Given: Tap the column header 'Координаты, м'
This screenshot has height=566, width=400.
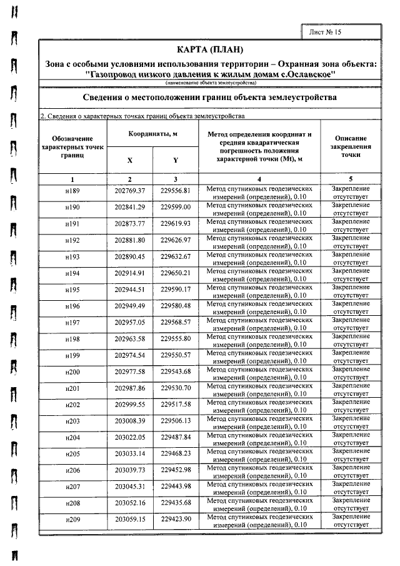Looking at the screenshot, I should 153,134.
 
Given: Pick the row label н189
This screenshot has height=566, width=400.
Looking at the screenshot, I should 72,191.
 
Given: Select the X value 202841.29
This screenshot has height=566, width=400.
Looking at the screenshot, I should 130,207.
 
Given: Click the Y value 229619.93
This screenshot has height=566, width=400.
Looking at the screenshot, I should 176,223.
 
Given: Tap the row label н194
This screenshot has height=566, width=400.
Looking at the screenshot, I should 72,273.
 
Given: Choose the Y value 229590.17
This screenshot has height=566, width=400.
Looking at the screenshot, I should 176,289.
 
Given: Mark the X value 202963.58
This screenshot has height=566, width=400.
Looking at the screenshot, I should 130,338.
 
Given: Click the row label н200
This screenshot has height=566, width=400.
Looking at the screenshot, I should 72,371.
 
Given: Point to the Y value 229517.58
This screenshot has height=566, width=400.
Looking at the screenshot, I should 176,404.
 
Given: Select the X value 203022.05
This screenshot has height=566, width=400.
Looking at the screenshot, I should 130,437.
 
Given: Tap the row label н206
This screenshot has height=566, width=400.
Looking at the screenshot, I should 72,470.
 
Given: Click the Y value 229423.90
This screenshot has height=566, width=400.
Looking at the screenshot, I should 176,519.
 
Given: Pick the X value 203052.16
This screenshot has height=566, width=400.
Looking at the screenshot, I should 130,503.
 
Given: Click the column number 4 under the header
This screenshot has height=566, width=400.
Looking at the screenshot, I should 259,179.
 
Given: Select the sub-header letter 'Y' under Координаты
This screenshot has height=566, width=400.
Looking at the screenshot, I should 176,160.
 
